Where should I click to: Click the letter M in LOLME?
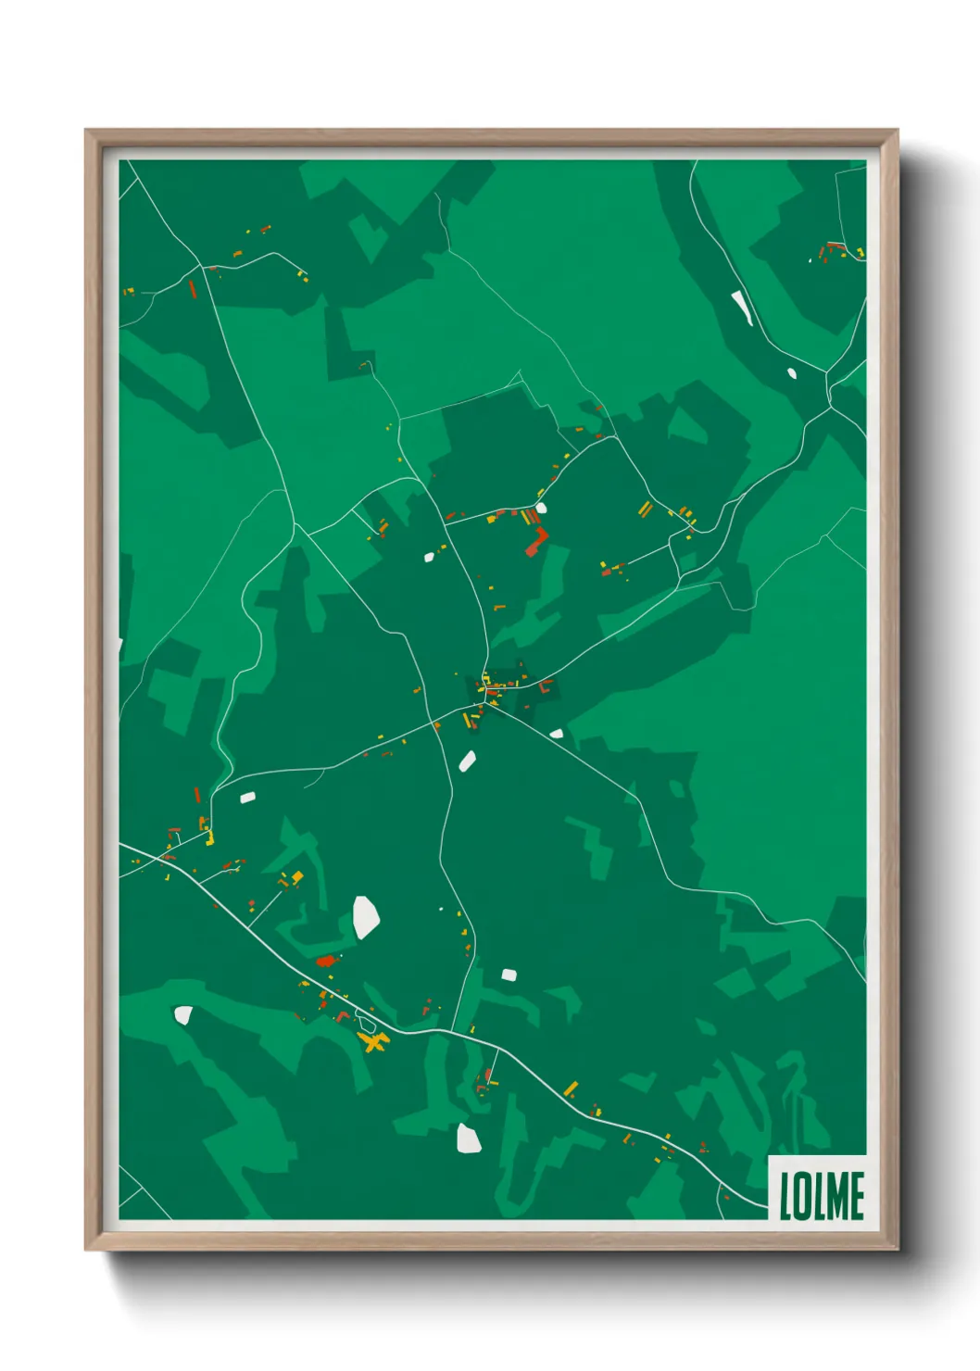click(x=835, y=1196)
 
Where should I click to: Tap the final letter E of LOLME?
click(x=857, y=1196)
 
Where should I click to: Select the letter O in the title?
click(x=798, y=1196)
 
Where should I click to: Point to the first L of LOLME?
click(x=785, y=1196)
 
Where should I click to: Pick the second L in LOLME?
click(x=812, y=1196)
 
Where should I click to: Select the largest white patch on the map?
click(x=366, y=916)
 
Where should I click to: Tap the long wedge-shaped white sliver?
click(x=741, y=308)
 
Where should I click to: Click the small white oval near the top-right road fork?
click(x=792, y=373)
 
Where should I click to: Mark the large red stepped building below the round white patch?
click(x=535, y=542)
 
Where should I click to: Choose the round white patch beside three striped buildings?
click(x=541, y=508)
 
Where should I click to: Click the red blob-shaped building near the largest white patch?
click(x=325, y=961)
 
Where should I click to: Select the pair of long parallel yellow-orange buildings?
click(x=645, y=509)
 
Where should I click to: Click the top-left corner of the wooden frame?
click(x=87, y=132)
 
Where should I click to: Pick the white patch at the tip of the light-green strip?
click(x=183, y=1014)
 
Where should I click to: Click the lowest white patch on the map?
click(x=469, y=1138)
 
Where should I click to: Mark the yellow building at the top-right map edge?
click(x=861, y=252)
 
